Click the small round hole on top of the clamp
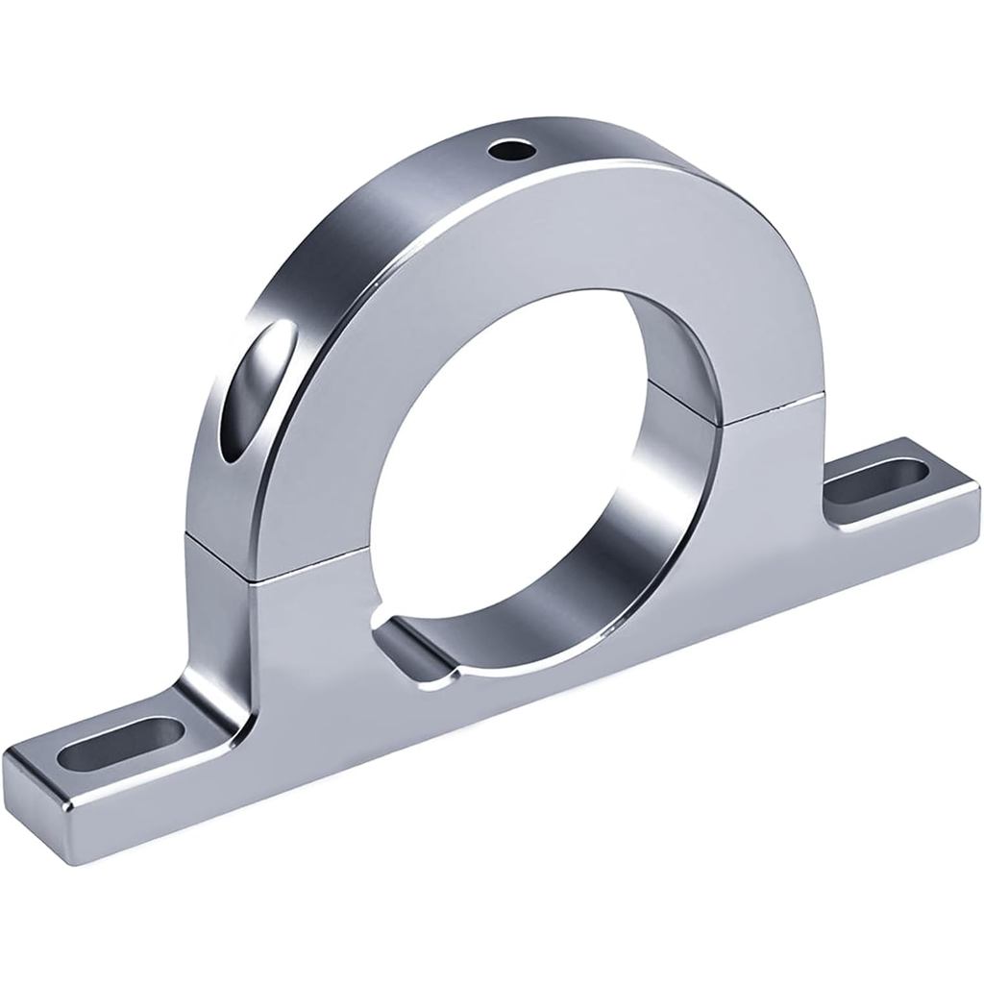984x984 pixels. [509, 150]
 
